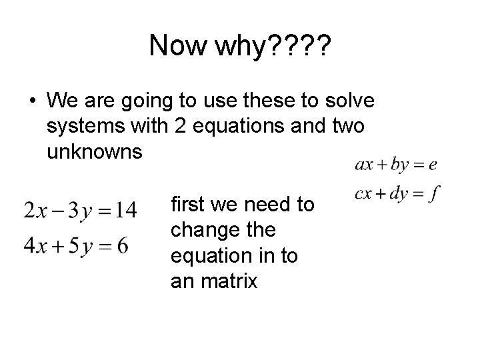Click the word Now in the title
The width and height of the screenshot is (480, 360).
(177, 46)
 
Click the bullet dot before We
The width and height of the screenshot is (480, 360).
(32, 102)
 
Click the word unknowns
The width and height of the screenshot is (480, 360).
(95, 151)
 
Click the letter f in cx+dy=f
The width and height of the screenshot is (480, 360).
(435, 194)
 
